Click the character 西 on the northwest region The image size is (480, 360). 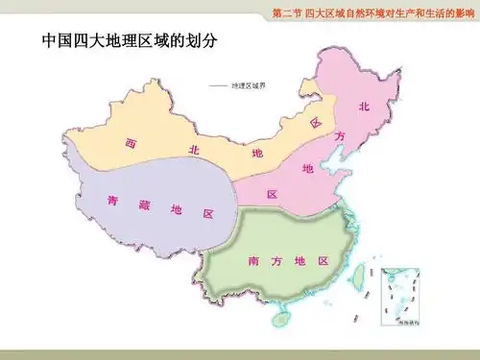tap(130, 143)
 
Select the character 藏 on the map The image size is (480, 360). tap(144, 204)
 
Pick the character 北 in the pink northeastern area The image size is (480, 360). tap(364, 107)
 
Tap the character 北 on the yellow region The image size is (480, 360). tap(193, 150)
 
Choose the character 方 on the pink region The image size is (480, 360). tap(339, 137)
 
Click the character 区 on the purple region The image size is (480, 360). tap(207, 213)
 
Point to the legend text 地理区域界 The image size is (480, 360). tap(248, 85)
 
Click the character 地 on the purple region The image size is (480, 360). tap(176, 209)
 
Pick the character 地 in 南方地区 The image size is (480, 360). tap(300, 260)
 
